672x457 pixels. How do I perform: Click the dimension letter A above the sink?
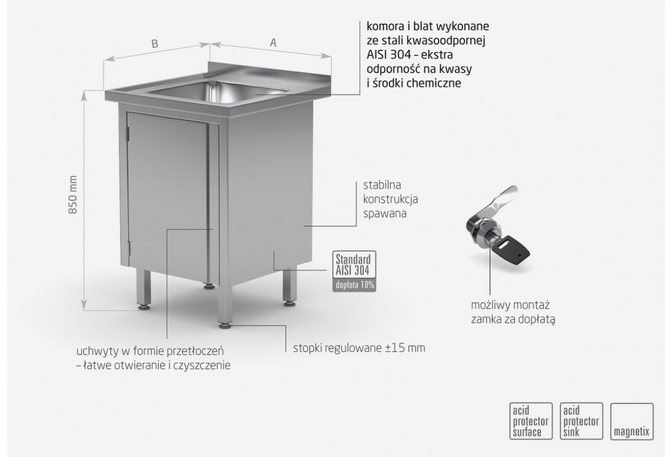(273, 43)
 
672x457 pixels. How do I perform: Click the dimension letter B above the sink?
(155, 44)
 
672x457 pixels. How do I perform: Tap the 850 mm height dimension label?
(73, 195)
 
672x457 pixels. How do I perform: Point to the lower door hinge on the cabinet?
(129, 249)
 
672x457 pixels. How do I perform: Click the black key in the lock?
(514, 249)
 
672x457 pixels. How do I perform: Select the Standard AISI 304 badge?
(354, 264)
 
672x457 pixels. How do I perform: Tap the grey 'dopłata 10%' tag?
(354, 285)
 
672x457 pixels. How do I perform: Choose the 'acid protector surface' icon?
(531, 421)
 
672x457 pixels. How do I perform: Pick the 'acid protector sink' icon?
(581, 421)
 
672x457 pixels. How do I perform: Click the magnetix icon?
(632, 421)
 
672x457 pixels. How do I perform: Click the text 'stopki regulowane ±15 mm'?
(359, 348)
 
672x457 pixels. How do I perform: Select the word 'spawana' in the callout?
(385, 214)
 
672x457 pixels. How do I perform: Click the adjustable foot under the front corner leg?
(225, 325)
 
